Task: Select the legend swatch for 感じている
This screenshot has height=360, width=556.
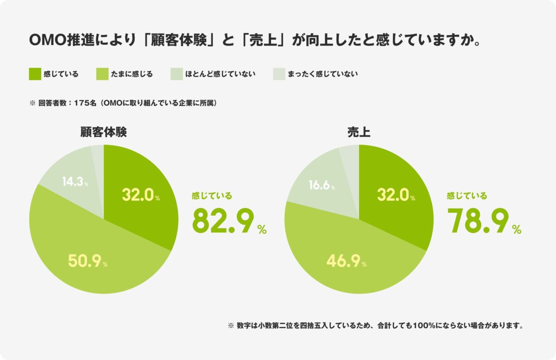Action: coord(35,74)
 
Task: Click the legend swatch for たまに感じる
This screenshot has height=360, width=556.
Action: coord(102,74)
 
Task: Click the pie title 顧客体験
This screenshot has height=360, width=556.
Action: coord(104,133)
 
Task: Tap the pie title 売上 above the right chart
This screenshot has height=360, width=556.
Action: coord(359,133)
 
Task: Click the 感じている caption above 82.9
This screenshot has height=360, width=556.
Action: coord(212,196)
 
